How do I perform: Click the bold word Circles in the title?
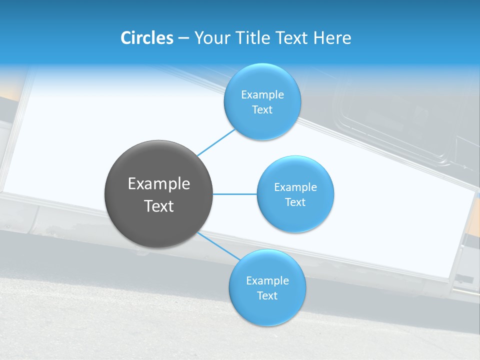click(x=147, y=38)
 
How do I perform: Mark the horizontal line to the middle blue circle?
click(x=234, y=194)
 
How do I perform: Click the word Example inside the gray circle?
click(x=159, y=184)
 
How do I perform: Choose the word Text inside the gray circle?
click(x=159, y=206)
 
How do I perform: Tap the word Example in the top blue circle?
click(x=262, y=95)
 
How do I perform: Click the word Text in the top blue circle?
click(x=262, y=110)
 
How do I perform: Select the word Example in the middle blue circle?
click(x=295, y=187)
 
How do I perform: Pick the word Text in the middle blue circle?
click(x=295, y=202)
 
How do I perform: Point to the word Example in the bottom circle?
click(x=267, y=281)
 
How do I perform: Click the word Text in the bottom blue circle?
click(x=267, y=296)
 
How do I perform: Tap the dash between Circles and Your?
click(x=183, y=38)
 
